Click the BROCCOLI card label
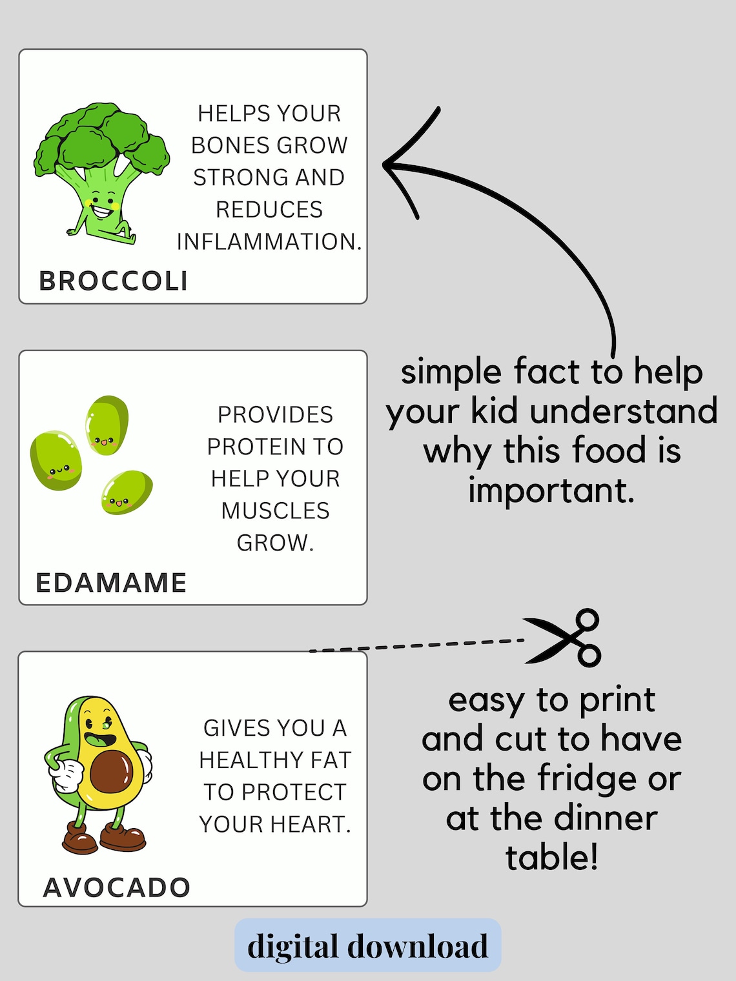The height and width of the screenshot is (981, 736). [114, 281]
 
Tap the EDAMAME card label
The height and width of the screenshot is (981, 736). [111, 582]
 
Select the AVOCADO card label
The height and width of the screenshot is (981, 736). [117, 887]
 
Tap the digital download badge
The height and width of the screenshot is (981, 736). [367, 946]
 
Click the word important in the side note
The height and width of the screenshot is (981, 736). [551, 490]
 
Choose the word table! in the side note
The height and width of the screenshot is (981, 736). [551, 858]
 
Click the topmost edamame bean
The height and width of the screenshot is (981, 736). [107, 425]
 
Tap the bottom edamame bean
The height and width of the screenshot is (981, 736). [127, 492]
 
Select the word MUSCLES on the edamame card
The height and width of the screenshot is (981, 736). [275, 511]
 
